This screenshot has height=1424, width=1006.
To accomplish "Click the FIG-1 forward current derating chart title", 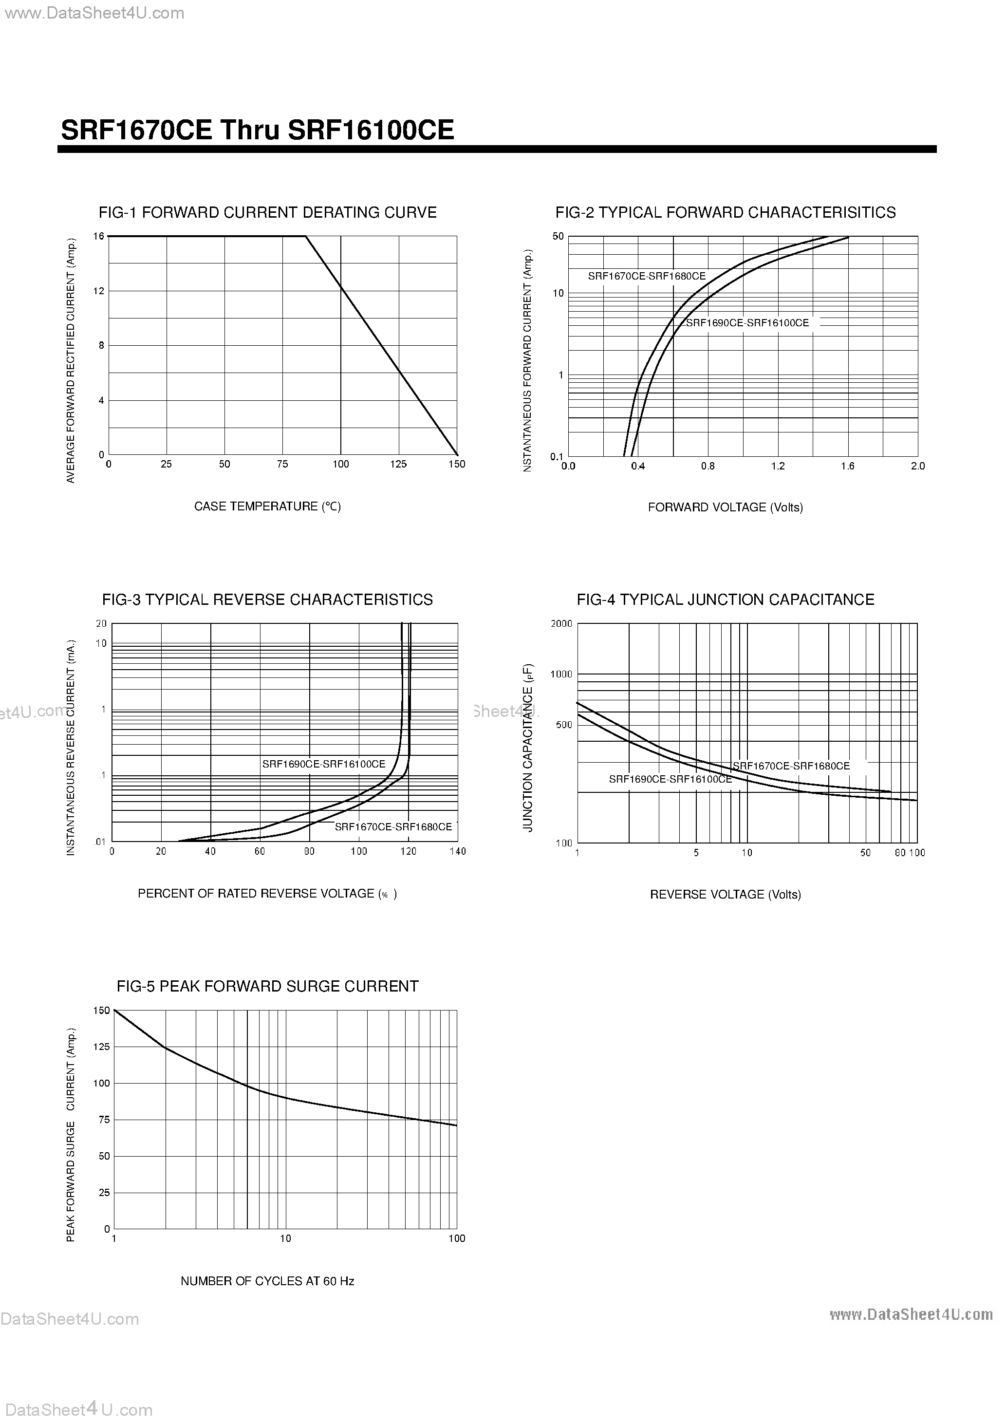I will coord(267,213).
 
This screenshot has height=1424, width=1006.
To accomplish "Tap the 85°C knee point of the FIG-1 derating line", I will coord(306,236).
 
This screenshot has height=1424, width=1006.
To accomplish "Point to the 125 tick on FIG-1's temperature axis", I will coord(398,464).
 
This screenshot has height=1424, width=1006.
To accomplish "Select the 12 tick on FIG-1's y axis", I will coord(99,291).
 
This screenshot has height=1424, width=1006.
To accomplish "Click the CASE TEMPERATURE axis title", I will coord(267,506).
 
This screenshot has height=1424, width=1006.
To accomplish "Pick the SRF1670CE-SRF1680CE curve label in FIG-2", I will coord(646,277).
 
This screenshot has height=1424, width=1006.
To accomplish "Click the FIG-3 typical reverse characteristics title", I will coord(267,600).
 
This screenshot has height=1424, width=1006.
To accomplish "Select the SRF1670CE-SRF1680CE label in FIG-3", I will coord(393,827).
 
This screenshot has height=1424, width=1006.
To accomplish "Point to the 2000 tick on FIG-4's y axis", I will coord(561,624).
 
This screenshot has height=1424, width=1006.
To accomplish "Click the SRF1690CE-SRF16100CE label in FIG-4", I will coord(670,779).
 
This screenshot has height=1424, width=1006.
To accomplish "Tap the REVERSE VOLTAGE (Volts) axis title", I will coord(725,894).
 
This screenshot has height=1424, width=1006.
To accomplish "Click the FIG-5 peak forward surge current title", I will coord(267,987).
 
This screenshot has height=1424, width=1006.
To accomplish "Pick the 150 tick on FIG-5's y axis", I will coord(102,1011).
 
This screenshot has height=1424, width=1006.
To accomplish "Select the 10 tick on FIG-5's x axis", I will coord(285,1238).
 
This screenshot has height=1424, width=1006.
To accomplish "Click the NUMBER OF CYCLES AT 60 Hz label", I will coord(267,1281).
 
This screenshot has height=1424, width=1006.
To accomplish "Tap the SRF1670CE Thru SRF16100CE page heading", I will coord(258,130).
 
